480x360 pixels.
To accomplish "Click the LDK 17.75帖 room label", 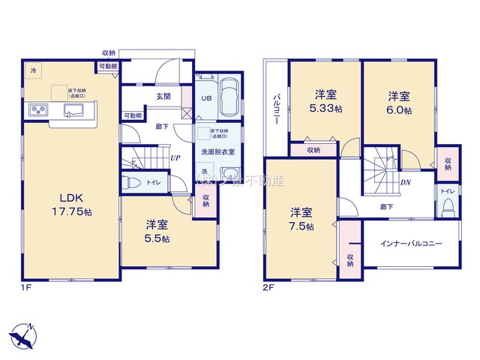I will point(71,205).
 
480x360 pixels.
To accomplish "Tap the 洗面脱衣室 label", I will point(217,152).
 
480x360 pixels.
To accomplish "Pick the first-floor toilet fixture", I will point(133,182).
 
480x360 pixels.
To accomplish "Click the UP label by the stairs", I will point(174,157).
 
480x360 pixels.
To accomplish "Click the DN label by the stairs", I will point(405,182).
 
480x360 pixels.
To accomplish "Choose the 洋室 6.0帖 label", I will point(399,103).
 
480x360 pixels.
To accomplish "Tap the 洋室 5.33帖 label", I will point(325,102).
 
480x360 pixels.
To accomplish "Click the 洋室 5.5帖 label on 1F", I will point(156,231).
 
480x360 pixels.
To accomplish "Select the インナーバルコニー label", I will point(410,244).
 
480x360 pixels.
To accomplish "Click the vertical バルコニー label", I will point(277,109).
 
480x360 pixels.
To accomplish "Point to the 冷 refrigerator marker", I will point(33,70).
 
